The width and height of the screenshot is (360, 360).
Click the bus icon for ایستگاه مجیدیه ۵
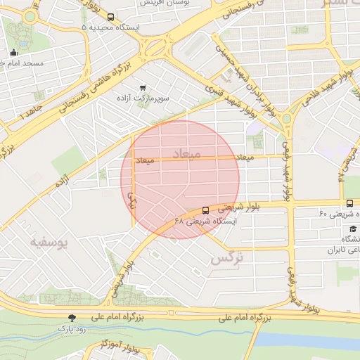pos(110,17)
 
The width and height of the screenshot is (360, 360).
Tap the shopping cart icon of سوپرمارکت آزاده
pos(143,88)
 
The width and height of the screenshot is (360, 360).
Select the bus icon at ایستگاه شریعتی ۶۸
pos(205,210)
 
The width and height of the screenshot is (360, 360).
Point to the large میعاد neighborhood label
pos(186,153)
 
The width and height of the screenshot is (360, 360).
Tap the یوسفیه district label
pos(50,243)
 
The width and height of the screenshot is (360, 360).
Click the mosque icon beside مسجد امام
pos(13,52)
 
